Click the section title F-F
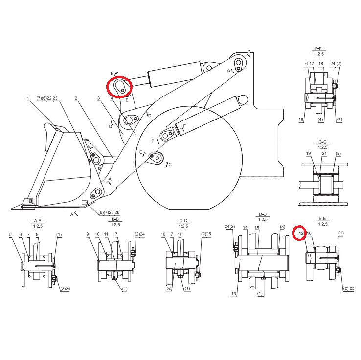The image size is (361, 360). click(318, 48)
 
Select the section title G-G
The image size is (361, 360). click(322, 142)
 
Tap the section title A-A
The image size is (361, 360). click(38, 221)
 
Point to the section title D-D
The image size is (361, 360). click(263, 214)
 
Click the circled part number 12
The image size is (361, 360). click(301, 233)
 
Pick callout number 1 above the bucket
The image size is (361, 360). click(28, 98)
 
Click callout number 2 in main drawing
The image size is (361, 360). click(76, 98)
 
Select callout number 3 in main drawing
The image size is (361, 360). click(98, 98)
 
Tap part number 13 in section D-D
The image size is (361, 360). click(234, 294)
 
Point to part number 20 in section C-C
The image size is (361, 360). click(169, 289)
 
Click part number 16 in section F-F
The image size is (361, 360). click(301, 120)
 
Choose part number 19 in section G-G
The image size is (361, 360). click(309, 153)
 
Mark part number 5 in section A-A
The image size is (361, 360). click(10, 235)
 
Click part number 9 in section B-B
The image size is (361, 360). click(88, 234)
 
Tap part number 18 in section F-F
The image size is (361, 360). click(321, 63)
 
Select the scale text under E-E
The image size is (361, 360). click(323, 224)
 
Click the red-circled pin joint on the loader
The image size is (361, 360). click(119, 87)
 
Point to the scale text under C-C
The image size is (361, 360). click(183, 226)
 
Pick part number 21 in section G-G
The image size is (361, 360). click(324, 153)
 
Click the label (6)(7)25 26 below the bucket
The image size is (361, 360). click(109, 212)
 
